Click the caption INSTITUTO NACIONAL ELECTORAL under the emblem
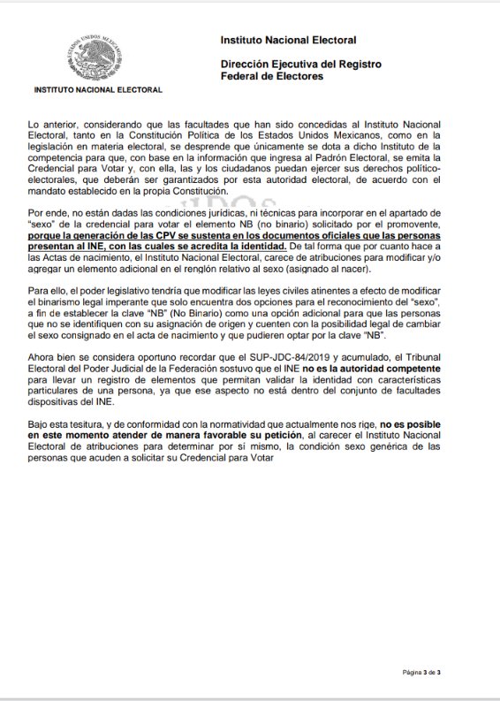tap(98, 90)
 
